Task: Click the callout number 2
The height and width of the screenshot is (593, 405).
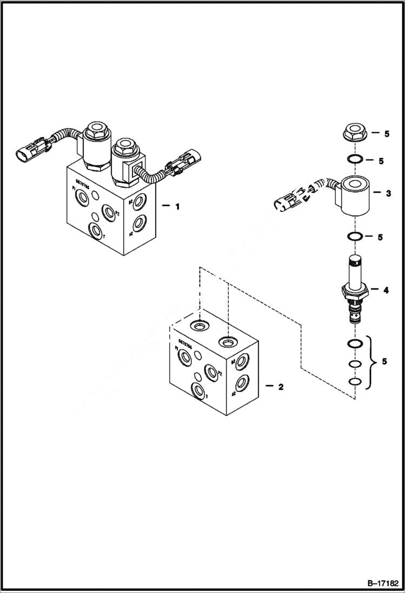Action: click(x=281, y=387)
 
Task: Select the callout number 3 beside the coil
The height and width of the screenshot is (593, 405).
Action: click(x=388, y=193)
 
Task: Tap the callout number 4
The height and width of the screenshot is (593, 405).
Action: click(x=386, y=290)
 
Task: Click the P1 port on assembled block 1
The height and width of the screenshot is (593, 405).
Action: click(x=82, y=199)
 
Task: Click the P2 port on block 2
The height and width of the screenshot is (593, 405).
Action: click(x=210, y=372)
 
